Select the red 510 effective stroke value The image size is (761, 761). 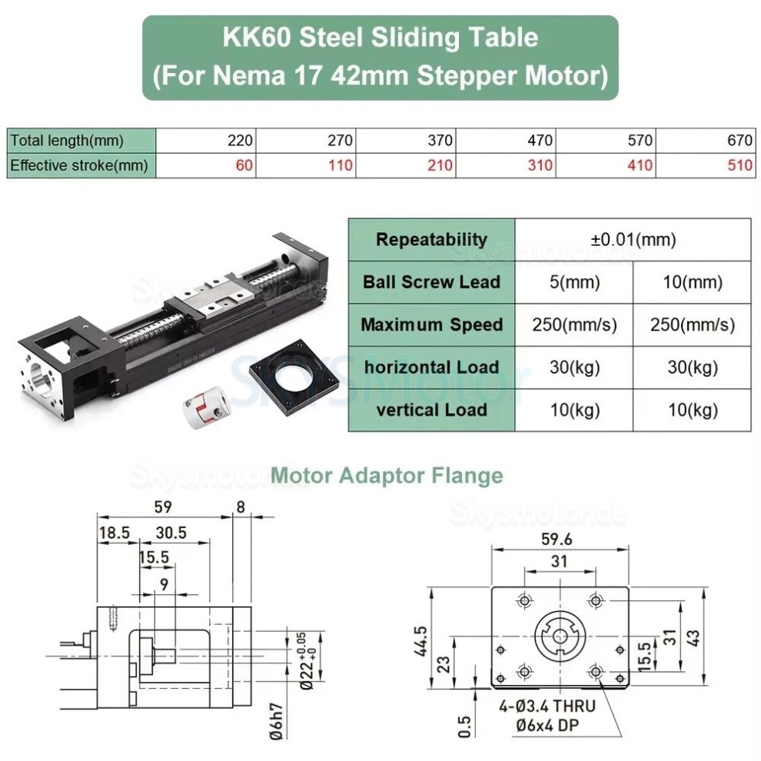[741, 164]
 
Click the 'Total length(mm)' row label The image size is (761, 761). [67, 140]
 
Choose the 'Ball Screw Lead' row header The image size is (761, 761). [431, 281]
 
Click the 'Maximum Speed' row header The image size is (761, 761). [431, 324]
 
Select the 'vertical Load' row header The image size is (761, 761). [431, 410]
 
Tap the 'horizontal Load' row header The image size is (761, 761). [431, 367]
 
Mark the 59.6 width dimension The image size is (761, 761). [560, 539]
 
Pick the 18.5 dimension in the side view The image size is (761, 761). [115, 531]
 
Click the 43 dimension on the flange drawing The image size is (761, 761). [694, 637]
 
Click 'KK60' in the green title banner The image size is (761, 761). [254, 36]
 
